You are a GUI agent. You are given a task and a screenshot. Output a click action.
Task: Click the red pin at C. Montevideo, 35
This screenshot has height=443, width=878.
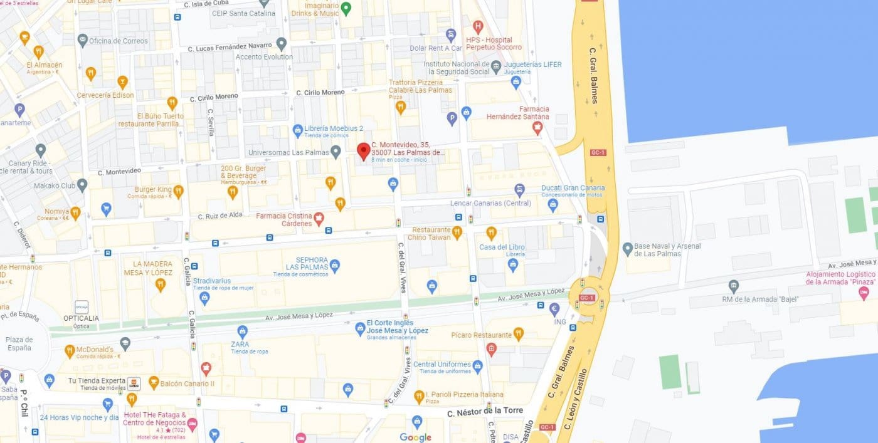point(363,151)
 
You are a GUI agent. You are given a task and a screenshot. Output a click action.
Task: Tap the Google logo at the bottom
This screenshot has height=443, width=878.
point(415,437)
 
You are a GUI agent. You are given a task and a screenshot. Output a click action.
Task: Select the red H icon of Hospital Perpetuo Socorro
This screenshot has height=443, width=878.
point(478,27)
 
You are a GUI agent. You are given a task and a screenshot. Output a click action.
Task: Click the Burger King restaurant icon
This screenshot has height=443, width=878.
point(178,191)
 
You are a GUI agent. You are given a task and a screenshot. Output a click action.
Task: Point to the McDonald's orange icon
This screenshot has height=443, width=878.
point(70,351)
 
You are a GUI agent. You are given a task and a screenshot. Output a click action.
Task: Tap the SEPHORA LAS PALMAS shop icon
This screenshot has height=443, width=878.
point(335,266)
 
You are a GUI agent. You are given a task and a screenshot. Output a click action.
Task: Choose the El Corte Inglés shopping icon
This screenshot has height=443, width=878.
point(360,328)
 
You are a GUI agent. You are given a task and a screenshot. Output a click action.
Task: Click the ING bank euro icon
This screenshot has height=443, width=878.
point(554,308)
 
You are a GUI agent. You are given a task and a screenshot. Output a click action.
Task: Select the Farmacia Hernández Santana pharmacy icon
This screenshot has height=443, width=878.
point(537,128)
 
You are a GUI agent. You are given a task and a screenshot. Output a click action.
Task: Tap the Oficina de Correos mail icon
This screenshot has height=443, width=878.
point(82,41)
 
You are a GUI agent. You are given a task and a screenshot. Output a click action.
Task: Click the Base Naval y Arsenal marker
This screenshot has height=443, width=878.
point(627,249)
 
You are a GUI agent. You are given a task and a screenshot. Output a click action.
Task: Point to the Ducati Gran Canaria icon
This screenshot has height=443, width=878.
point(553,204)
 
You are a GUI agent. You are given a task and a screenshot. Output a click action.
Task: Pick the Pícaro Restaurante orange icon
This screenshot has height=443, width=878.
point(518,334)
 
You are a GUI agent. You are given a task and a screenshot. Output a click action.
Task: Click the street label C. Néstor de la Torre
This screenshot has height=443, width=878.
point(485,411)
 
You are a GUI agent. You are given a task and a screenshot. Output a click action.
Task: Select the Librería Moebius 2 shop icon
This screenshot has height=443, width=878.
point(298,130)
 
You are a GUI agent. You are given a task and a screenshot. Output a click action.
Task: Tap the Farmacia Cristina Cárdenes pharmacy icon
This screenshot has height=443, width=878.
point(319,218)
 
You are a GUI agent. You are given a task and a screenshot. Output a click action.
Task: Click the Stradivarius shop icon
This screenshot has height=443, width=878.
point(204,298)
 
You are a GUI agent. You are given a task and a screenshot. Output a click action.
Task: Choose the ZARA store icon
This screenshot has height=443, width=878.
point(242,331)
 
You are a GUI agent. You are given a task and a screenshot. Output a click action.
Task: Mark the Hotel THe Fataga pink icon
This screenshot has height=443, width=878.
point(192,424)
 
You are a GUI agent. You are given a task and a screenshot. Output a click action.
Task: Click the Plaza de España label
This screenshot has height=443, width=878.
point(19,344)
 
